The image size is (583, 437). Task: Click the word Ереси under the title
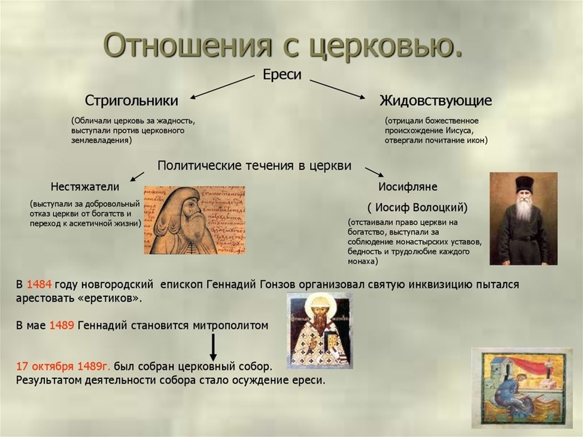coord(282,75)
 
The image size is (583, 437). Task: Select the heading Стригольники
coord(131,100)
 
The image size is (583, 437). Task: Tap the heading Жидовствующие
coord(436,100)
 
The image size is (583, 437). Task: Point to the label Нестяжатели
coord(85,187)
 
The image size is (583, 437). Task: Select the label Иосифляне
coord(408,187)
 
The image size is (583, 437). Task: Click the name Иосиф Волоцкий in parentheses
coord(417,208)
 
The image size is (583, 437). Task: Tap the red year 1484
coord(38,285)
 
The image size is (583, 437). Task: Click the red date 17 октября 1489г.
coord(63,366)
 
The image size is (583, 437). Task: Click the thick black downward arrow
coord(212,347)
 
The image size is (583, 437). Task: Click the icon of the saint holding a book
coord(319,330)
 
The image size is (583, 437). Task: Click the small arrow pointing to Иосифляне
coord(374,172)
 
